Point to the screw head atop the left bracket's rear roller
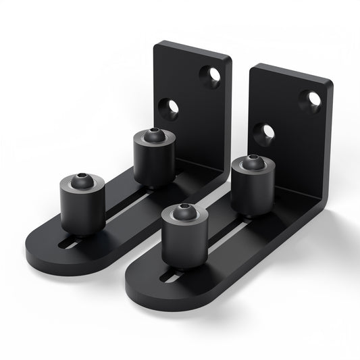[154, 135]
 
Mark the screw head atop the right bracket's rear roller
[252, 163]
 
